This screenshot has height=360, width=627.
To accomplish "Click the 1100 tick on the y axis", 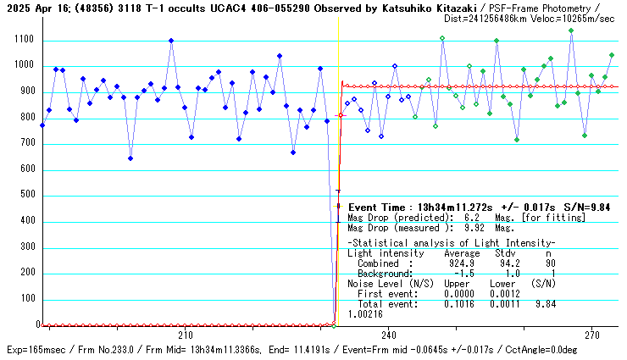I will (x=21, y=41).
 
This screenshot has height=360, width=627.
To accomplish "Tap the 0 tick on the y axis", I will (x=35, y=325).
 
